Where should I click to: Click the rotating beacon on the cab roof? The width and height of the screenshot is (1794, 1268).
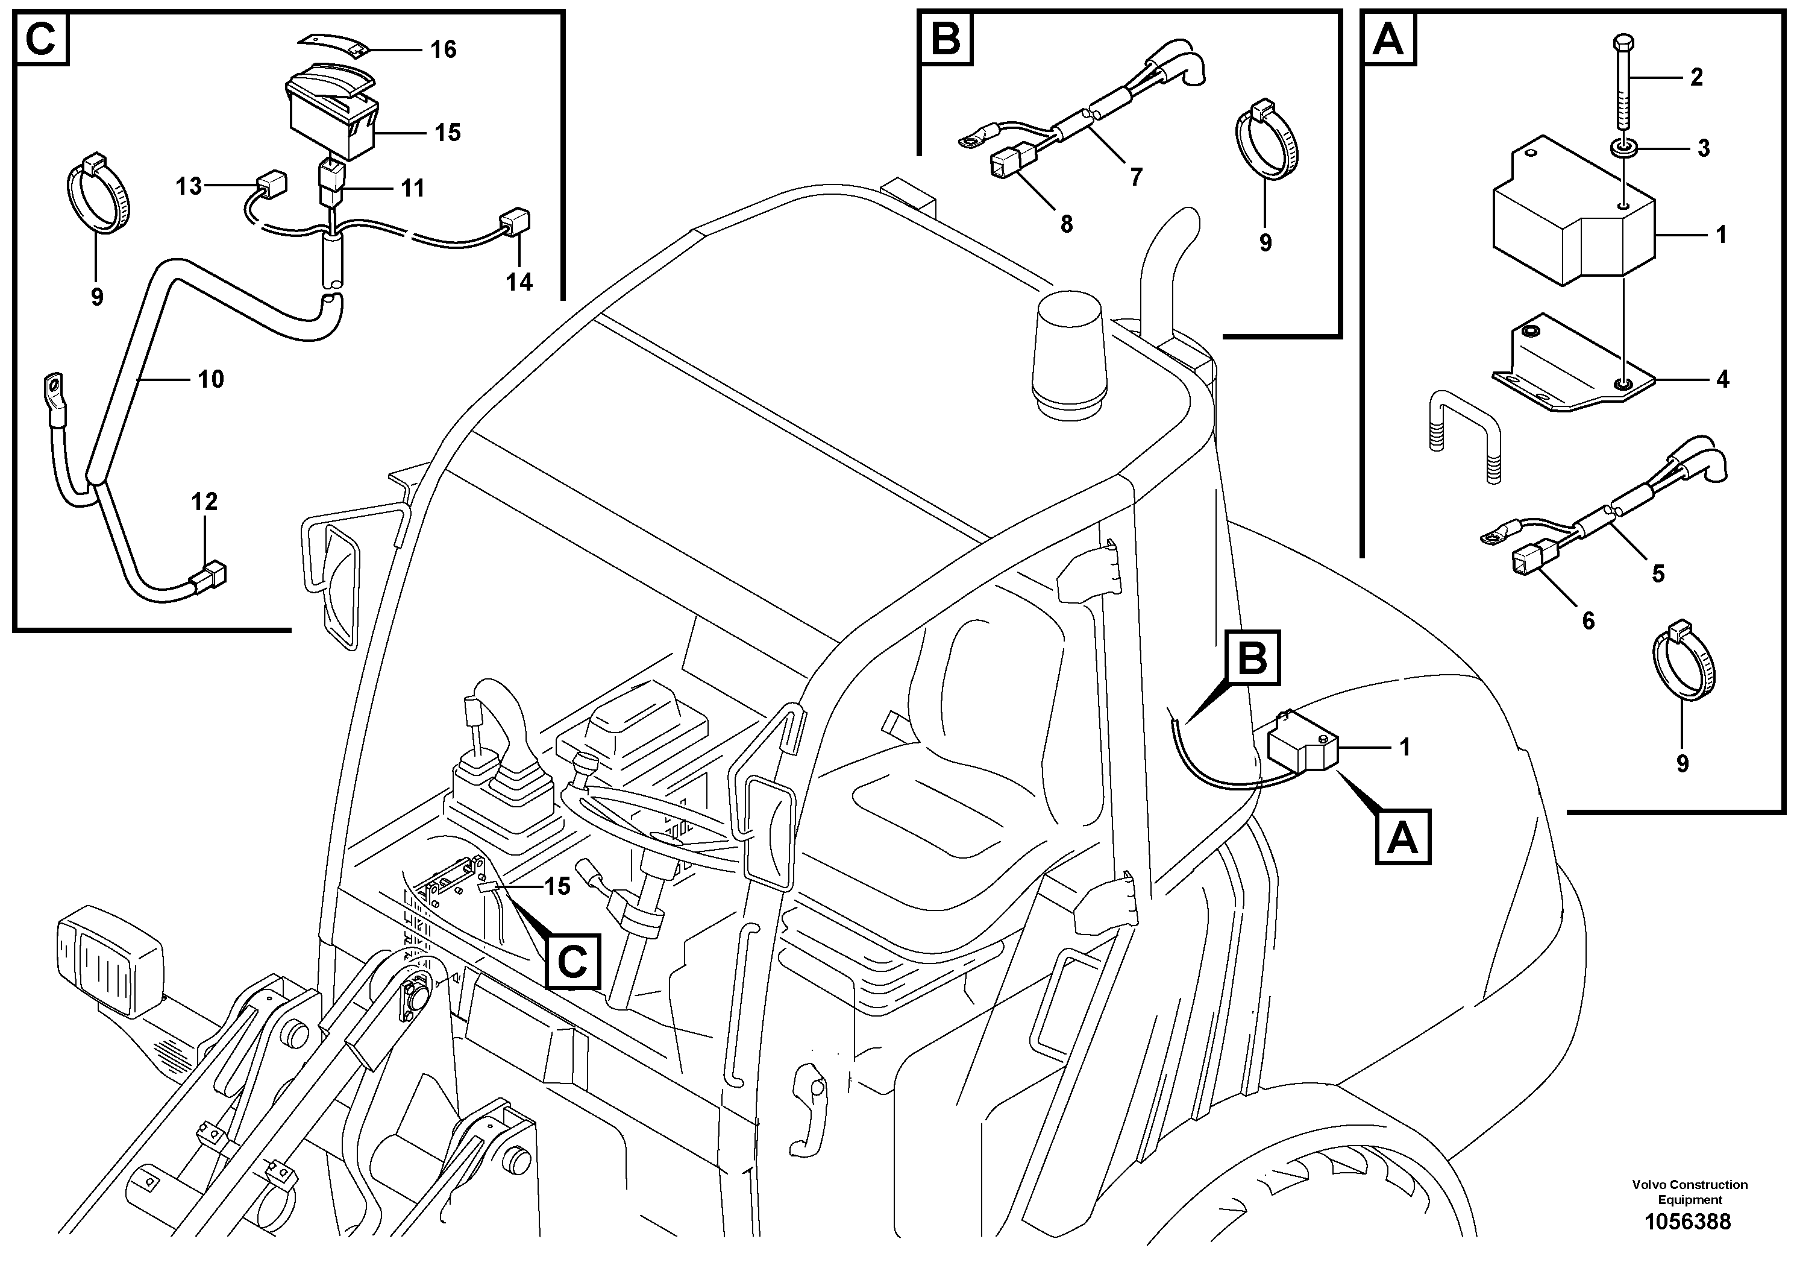[1068, 359]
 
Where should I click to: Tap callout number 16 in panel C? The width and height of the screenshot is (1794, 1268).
[443, 49]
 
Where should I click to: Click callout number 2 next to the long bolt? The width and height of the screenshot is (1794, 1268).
[1696, 77]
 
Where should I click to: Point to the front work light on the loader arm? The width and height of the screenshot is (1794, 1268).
[110, 962]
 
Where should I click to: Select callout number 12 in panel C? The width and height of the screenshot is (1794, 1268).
[205, 501]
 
